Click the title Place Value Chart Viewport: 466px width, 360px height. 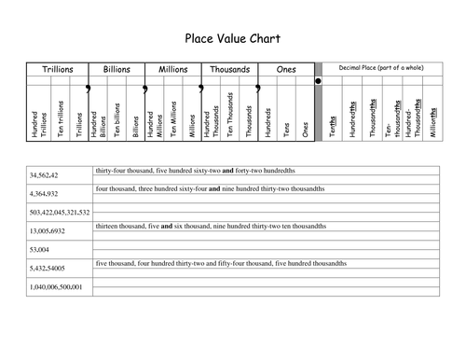[233, 39]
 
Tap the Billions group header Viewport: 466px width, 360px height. [116, 70]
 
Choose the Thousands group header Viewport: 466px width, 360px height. [229, 70]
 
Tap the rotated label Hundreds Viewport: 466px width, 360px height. [268, 121]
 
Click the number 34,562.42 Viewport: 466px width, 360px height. [45, 175]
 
